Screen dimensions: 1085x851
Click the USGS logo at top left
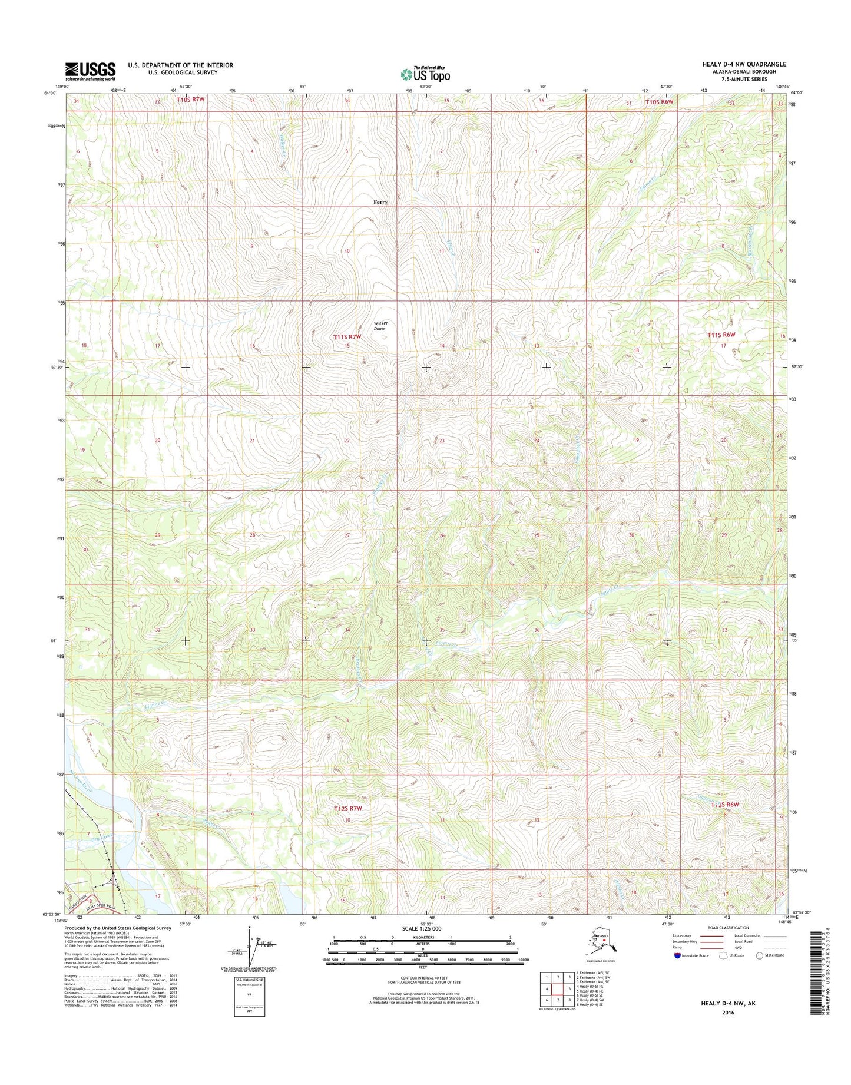pyautogui.click(x=90, y=71)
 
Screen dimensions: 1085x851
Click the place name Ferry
pyautogui.click(x=380, y=202)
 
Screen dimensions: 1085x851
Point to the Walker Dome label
pyautogui.click(x=380, y=326)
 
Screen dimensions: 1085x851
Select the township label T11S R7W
pyautogui.click(x=347, y=336)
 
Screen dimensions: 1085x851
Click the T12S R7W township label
pyautogui.click(x=347, y=808)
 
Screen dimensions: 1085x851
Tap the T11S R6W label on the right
pyautogui.click(x=721, y=335)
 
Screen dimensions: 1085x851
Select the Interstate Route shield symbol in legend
pyautogui.click(x=677, y=955)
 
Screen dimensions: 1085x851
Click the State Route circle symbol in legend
pyautogui.click(x=760, y=955)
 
